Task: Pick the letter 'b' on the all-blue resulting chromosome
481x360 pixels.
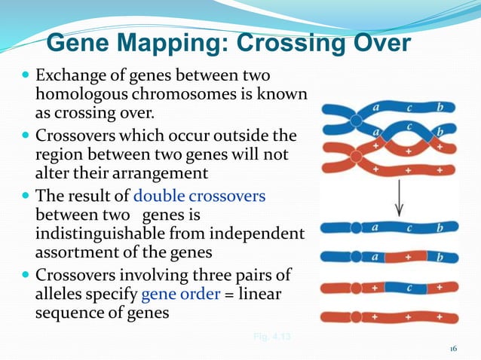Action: (438, 227)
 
